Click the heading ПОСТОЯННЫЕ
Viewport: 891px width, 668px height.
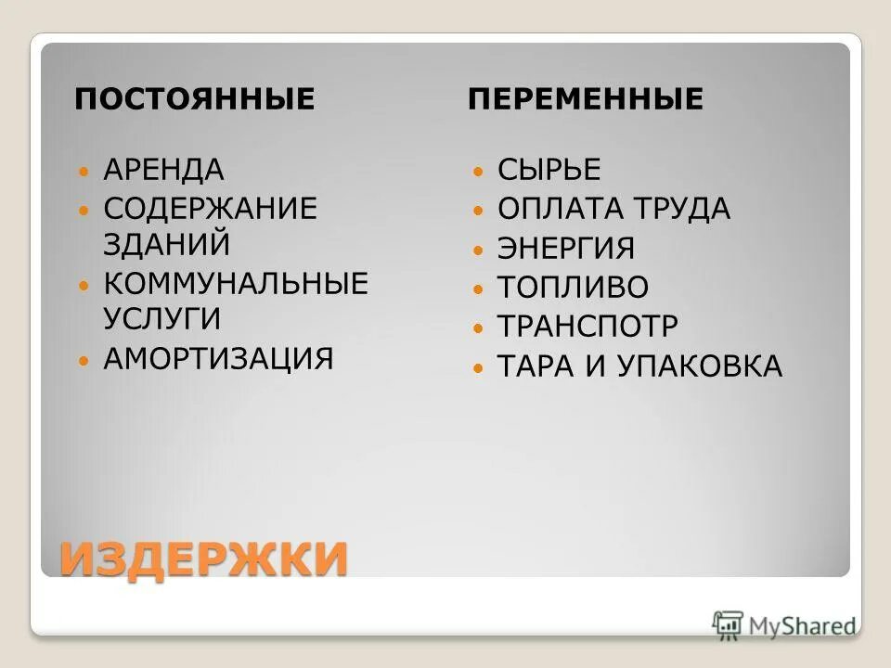click(x=195, y=98)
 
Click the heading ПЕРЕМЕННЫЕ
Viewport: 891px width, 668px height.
click(x=586, y=98)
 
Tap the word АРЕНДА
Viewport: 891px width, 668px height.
click(x=164, y=170)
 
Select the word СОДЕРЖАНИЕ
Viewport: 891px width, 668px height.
click(x=211, y=207)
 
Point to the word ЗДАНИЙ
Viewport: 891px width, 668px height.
click(x=167, y=244)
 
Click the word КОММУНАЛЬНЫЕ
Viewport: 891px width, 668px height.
click(x=236, y=283)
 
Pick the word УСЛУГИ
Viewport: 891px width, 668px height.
click(x=162, y=319)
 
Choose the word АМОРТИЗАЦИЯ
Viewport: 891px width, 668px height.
click(x=218, y=358)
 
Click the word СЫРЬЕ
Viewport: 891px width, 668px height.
click(x=549, y=170)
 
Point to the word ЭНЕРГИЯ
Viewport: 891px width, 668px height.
click(x=566, y=249)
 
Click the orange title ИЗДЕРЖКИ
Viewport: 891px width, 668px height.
click(x=204, y=559)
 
